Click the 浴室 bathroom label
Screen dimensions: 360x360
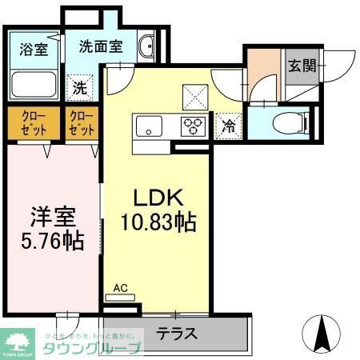click(34, 49)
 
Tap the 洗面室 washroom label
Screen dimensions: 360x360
click(101, 46)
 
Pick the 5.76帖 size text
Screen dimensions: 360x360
click(53, 241)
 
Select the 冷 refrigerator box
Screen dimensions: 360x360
click(228, 126)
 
